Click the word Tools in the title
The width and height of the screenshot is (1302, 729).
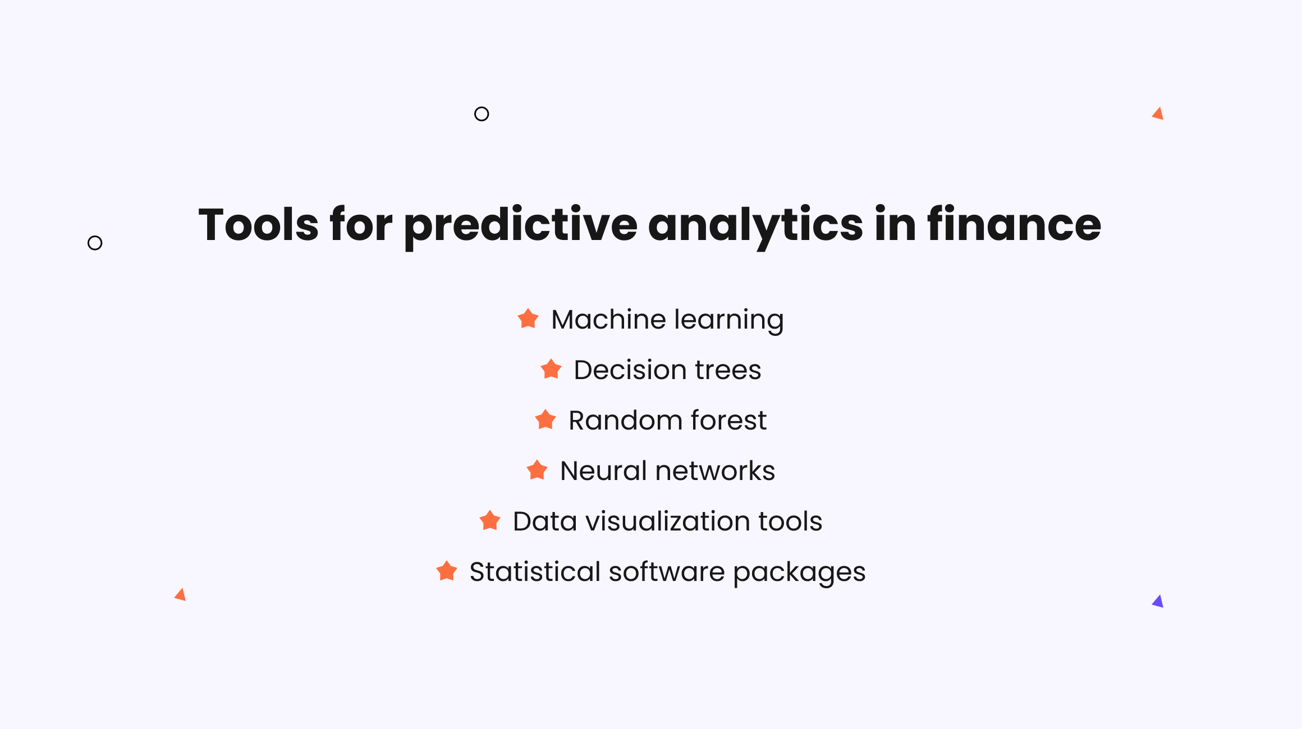259,224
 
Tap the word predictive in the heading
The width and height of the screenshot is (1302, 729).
521,227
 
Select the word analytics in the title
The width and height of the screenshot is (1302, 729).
755,227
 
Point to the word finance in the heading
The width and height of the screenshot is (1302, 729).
1014,224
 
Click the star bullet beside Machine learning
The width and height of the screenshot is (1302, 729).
528,319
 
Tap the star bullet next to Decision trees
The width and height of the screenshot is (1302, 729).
551,369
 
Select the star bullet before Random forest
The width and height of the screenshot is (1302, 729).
545,419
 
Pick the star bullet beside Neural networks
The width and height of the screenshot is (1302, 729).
537,470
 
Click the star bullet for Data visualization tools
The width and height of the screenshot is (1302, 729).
490,520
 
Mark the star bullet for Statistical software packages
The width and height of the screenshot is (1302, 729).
447,571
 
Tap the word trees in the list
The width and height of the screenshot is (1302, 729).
728,370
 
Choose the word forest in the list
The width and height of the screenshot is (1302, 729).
729,420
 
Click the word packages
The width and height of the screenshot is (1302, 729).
799,573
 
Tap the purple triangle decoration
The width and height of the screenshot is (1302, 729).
1158,602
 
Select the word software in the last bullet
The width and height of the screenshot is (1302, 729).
667,571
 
